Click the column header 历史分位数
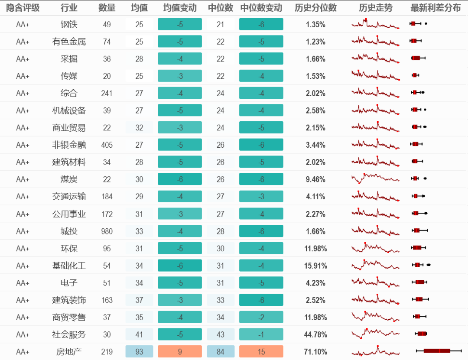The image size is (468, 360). coord(315,8)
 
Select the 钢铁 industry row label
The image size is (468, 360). coord(69,25)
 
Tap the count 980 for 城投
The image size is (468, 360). coord(107,231)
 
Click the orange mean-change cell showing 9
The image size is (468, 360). coord(180,352)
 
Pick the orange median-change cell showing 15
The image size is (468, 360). coord(261,352)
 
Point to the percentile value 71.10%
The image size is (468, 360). coord(315,352)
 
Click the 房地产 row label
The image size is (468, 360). coord(69,352)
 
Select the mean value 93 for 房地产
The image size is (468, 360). coord(139,352)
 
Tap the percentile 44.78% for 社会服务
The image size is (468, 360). coord(315,334)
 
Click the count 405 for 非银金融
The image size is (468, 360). coord(107,145)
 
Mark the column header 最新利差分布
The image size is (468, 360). coord(435,8)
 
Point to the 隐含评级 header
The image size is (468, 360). coord(23,8)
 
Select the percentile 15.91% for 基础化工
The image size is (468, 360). coord(315,266)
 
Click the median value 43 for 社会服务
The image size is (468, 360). coord(221,334)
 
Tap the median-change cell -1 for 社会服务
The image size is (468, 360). coord(261,334)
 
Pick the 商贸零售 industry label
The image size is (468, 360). coord(69,318)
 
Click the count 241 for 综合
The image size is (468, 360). coord(107,94)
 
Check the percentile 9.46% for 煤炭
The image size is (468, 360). coord(315,179)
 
